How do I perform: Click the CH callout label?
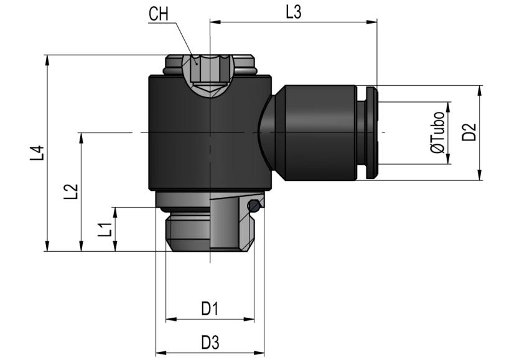coord(159,14)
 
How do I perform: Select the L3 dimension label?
coord(294,13)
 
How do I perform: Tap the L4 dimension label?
coord(37,153)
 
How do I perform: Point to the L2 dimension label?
coord(70,192)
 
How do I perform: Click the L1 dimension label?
coord(105,229)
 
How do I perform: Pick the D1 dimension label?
coord(210,309)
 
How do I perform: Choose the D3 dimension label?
coord(210,343)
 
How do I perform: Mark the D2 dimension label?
coord(469,132)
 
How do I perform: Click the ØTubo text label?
coord(438,132)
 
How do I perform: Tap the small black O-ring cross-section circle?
coord(254,206)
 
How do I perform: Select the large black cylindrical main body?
coord(210,132)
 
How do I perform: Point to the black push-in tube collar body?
coord(320,132)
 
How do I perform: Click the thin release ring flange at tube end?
coord(371,132)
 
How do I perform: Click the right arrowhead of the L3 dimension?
coord(372,22)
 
